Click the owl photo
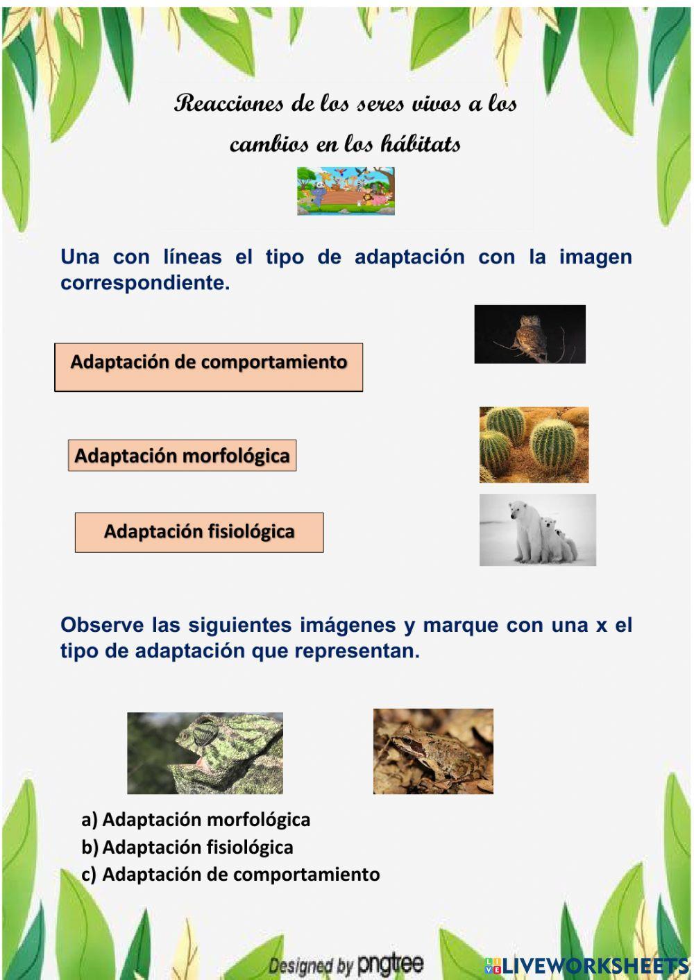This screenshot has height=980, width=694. click(x=530, y=334)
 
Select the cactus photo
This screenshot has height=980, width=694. click(x=534, y=445)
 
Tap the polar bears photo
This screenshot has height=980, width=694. click(x=537, y=530)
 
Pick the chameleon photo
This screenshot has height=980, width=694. click(x=205, y=753)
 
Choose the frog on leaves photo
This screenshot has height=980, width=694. click(x=433, y=751)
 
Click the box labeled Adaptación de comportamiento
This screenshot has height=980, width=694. click(x=208, y=367)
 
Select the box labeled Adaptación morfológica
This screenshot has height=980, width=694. click(x=182, y=456)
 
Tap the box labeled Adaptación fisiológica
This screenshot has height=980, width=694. click(x=199, y=533)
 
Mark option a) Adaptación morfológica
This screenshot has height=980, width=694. click(x=196, y=820)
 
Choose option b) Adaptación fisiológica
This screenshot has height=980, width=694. click(x=187, y=848)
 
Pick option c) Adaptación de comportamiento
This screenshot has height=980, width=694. click(x=230, y=875)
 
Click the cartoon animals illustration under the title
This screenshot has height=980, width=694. click(x=346, y=191)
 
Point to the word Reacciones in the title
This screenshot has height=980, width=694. click(x=229, y=104)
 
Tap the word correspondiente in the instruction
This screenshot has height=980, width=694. click(x=144, y=283)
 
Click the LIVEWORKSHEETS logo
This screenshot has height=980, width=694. click(x=586, y=965)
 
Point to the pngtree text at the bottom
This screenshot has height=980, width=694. click(x=390, y=964)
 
